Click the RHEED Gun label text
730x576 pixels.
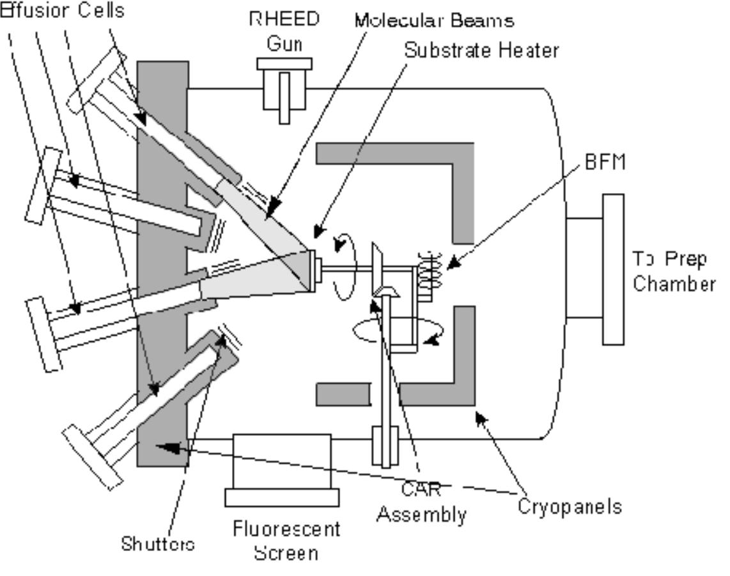[x=284, y=29]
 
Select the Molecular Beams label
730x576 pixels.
[x=435, y=20]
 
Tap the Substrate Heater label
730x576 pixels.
[x=481, y=51]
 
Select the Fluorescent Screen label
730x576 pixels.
[x=286, y=540]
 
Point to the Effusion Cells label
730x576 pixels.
[x=62, y=11]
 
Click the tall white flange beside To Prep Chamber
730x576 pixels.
[x=612, y=269]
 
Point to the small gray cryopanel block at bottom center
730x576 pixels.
[x=343, y=394]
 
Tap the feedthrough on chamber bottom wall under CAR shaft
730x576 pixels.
[x=385, y=441]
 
